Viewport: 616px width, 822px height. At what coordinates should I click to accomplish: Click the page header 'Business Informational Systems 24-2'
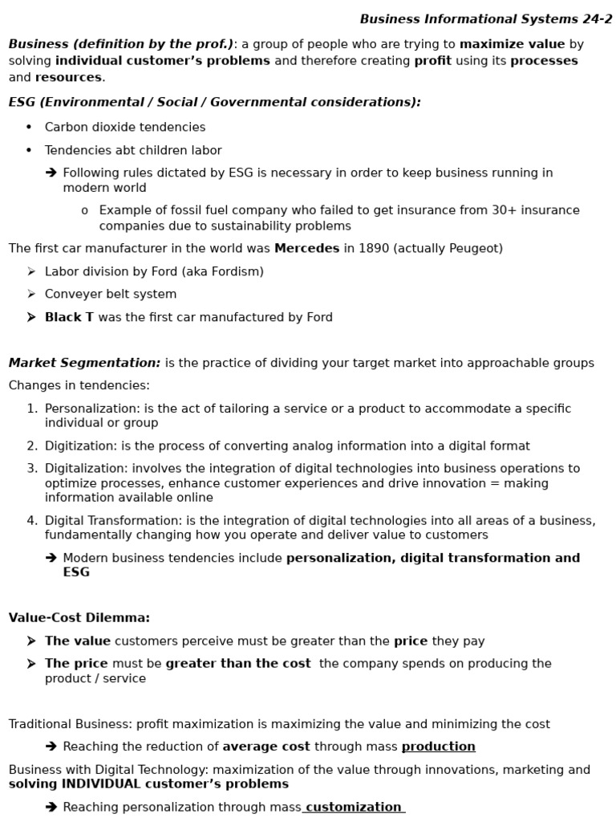point(485,19)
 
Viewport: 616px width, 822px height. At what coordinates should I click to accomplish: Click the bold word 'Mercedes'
point(306,249)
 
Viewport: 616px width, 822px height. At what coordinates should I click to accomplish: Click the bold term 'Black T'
point(69,317)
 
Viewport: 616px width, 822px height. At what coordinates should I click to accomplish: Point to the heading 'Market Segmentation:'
point(84,363)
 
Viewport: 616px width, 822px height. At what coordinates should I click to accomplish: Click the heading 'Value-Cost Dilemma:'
point(79,617)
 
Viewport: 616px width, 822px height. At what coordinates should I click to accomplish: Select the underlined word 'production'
point(438,747)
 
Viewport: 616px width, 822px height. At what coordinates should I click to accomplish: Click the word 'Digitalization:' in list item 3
point(87,469)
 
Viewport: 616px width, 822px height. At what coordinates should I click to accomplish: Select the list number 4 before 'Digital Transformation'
point(31,521)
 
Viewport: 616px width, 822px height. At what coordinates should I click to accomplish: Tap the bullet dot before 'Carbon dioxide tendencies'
point(29,127)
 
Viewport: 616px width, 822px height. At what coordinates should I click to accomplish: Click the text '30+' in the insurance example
point(480,210)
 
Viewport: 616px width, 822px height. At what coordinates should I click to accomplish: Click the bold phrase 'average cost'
point(265,747)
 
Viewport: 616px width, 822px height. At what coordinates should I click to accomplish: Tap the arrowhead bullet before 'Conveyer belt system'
point(31,295)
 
